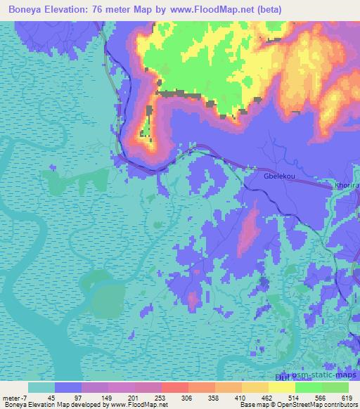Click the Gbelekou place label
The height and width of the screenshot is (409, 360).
click(276, 178)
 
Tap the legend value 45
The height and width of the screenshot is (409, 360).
click(52, 397)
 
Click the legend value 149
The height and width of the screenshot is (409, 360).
click(107, 397)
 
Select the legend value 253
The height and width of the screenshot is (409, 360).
click(160, 397)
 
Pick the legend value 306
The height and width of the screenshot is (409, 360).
click(188, 397)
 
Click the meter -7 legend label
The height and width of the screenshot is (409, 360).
click(15, 397)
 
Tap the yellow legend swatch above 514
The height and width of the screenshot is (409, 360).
click(282, 387)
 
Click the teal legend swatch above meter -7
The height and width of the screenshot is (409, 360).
click(41, 387)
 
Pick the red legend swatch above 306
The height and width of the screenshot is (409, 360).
click(174, 387)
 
